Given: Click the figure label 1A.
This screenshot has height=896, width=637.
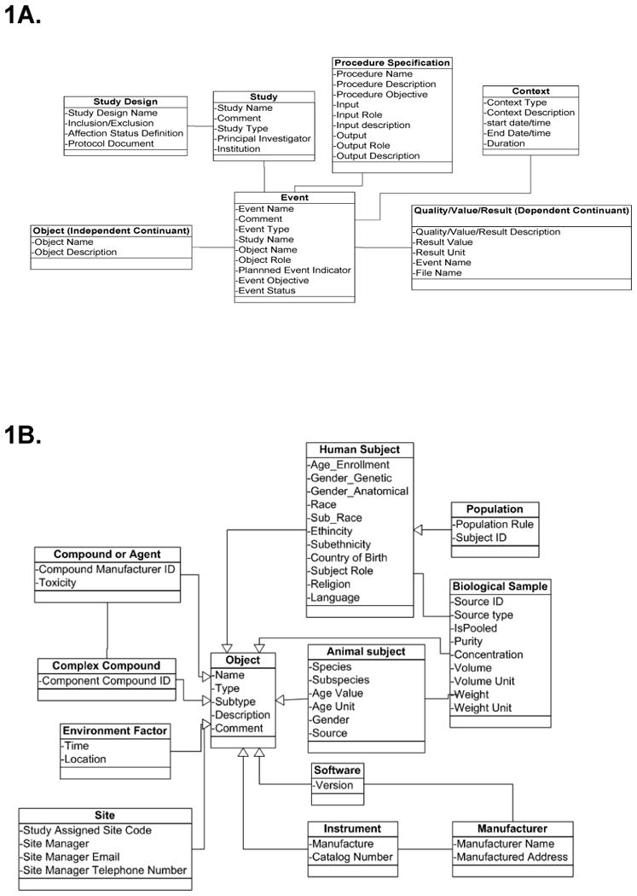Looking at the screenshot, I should point(22,15).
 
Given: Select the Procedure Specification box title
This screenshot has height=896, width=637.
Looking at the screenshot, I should point(391,63).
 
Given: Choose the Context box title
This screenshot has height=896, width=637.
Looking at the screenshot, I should point(530,91).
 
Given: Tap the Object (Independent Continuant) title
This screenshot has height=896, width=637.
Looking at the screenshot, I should point(111,230).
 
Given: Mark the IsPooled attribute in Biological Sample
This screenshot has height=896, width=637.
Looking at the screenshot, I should point(475,627).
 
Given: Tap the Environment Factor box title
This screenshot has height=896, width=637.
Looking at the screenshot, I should point(114,730).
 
